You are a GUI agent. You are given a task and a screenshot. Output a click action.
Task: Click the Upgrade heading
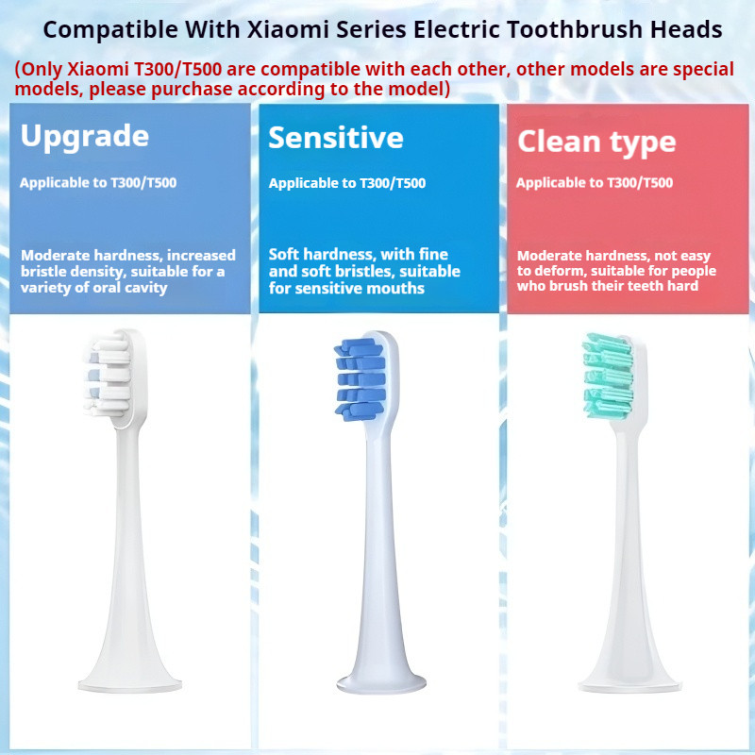(x=85, y=137)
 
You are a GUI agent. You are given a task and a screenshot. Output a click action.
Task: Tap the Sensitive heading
(x=336, y=138)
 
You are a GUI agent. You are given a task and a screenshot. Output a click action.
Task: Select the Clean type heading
(x=596, y=143)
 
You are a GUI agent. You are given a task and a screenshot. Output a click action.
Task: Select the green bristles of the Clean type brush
(x=608, y=376)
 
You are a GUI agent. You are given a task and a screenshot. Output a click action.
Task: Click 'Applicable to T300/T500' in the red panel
(x=595, y=183)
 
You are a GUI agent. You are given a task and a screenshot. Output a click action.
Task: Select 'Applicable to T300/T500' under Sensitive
(x=347, y=183)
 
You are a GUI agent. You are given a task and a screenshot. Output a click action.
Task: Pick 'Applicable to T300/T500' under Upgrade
(x=98, y=183)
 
